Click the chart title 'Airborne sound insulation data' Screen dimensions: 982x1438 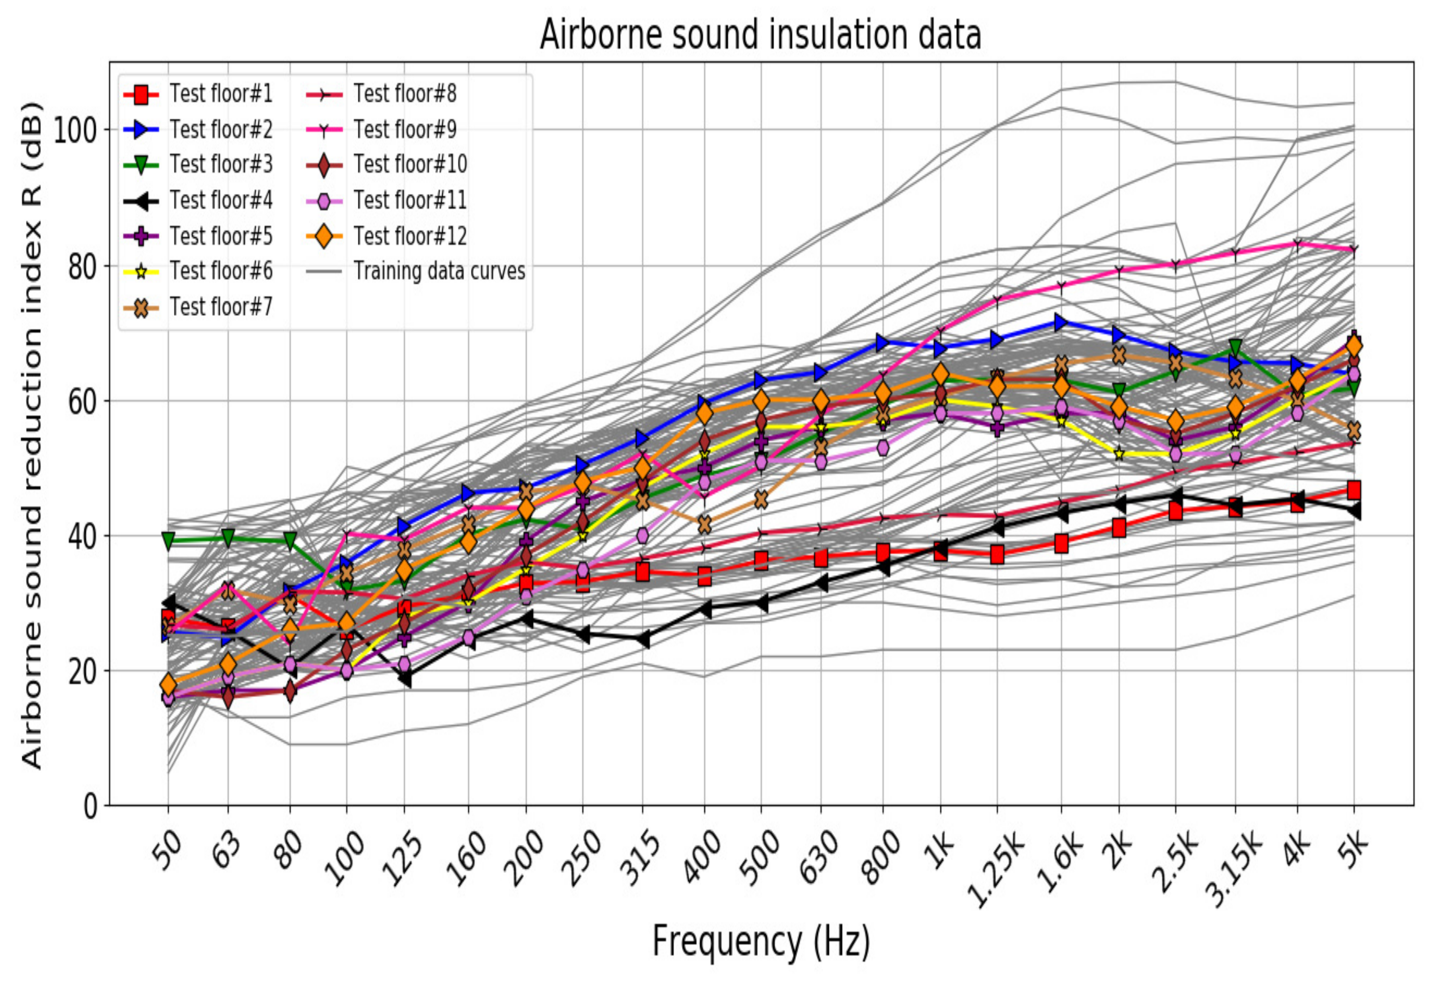coord(760,34)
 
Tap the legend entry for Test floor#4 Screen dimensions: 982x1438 coord(221,200)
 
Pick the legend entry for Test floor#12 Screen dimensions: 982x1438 coord(410,236)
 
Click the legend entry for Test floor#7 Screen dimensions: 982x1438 coord(221,307)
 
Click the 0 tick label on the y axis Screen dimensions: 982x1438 coord(90,806)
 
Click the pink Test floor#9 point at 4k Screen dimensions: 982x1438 coord(1297,244)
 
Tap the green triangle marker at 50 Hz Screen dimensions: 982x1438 coord(168,541)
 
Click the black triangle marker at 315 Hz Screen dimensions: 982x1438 coord(642,640)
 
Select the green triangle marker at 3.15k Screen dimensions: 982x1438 coord(1235,347)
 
